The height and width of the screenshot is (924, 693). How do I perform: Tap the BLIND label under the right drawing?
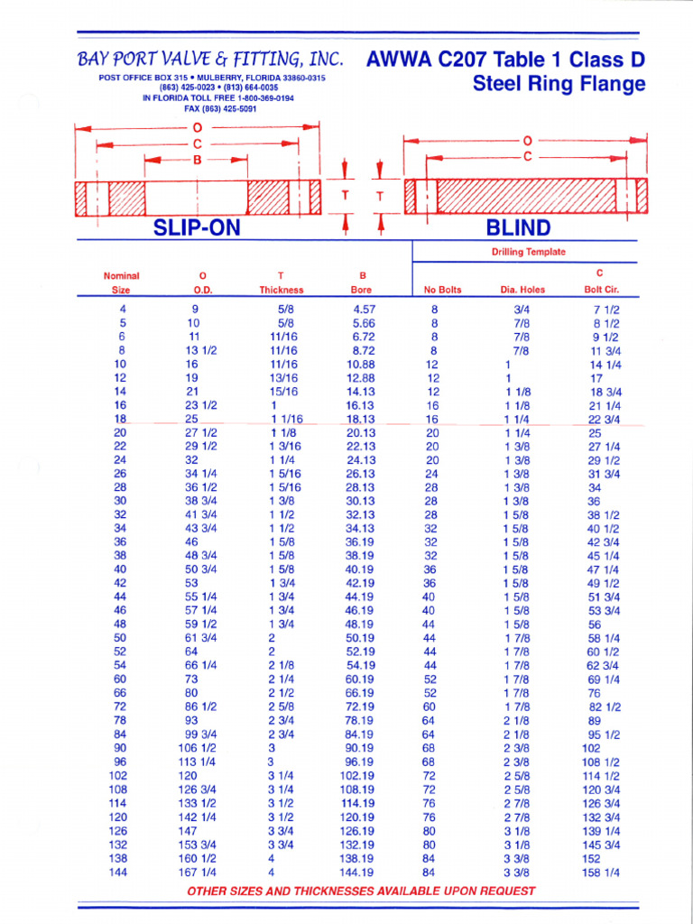coord(518,227)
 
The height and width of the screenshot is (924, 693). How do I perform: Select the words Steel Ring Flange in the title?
coord(559,85)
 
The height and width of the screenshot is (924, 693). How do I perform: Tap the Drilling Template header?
coord(529,252)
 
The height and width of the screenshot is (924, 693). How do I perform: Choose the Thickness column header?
coord(282,290)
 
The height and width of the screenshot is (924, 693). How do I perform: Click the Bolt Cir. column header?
coord(599,290)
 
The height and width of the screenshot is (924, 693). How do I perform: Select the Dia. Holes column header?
coord(521,290)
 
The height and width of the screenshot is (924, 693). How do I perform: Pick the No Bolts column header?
coord(442,290)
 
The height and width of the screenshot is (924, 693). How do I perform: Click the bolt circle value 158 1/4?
coord(603,873)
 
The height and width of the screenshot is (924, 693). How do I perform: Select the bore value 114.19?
coord(358,802)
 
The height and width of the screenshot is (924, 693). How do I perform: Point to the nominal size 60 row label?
coord(120,679)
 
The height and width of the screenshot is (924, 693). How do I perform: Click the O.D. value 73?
coord(191,679)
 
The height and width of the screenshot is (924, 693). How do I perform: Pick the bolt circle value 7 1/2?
coord(605,309)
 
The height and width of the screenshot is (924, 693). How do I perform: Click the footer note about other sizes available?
coord(361,891)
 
